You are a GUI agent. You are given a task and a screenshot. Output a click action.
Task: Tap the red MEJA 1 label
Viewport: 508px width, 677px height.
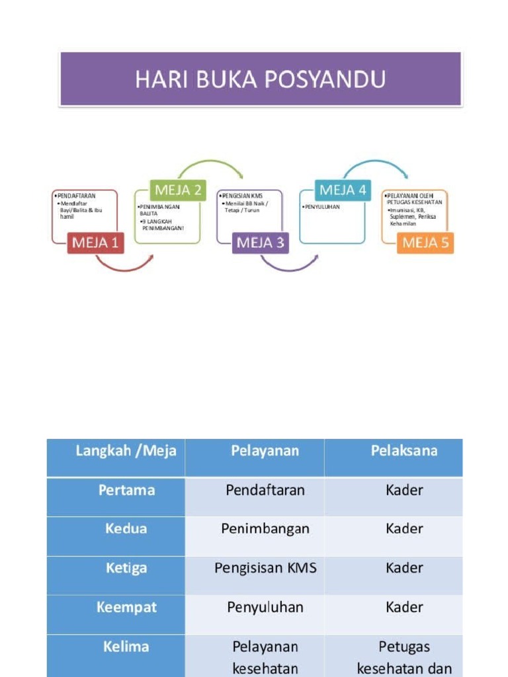95,243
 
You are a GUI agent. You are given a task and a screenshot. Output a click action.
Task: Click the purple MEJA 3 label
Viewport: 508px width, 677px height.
260,243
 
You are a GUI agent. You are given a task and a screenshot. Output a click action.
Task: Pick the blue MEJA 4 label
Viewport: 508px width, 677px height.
342,190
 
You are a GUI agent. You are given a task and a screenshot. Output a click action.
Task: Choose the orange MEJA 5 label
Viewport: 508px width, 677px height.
425,243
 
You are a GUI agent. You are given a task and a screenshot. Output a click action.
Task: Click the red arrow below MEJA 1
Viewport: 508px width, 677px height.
124,266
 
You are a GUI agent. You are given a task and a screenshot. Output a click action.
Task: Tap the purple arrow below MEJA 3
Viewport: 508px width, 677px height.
288,266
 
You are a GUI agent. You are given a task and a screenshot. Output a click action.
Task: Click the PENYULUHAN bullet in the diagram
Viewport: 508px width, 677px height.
321,207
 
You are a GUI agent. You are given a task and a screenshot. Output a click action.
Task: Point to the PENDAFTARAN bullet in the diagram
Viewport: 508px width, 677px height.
76,196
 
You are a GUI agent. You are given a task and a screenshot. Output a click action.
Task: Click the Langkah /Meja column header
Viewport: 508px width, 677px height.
126,451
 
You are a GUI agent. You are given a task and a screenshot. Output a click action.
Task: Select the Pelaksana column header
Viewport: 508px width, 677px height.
403,451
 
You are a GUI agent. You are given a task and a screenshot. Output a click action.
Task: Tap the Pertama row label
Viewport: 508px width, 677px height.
126,490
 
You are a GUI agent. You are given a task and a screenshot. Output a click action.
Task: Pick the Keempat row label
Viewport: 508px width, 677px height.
126,607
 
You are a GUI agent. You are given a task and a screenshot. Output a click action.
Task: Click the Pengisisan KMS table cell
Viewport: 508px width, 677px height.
265,568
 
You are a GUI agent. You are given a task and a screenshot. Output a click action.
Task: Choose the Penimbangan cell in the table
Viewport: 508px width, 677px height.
265,529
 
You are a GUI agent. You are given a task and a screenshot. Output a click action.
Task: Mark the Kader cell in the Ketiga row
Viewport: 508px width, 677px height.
404,568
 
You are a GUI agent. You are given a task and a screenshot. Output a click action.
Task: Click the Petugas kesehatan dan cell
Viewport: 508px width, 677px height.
404,657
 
